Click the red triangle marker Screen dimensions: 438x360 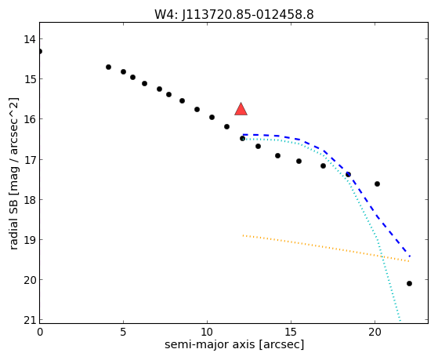click(241, 109)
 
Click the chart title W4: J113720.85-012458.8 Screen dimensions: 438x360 click(233, 14)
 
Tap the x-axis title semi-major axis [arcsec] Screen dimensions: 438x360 click(234, 344)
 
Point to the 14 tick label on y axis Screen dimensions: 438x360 click(29, 39)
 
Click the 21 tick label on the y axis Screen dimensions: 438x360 click(29, 320)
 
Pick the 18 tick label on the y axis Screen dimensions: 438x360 click(29, 200)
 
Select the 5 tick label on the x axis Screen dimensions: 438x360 click(123, 332)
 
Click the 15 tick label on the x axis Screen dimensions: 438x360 click(291, 332)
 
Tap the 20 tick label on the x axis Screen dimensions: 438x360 click(375, 332)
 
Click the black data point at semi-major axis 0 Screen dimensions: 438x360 click(40, 51)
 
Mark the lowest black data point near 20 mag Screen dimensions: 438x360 click(409, 283)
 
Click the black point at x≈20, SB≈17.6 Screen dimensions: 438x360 click(377, 184)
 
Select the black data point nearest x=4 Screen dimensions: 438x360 click(108, 67)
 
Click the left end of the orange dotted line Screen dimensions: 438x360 click(244, 235)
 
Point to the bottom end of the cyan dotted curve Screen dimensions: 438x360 click(400, 321)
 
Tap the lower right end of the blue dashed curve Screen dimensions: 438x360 click(410, 256)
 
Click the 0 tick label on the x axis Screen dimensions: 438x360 click(40, 332)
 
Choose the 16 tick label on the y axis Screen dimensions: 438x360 click(29, 119)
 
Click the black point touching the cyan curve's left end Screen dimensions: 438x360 click(242, 139)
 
